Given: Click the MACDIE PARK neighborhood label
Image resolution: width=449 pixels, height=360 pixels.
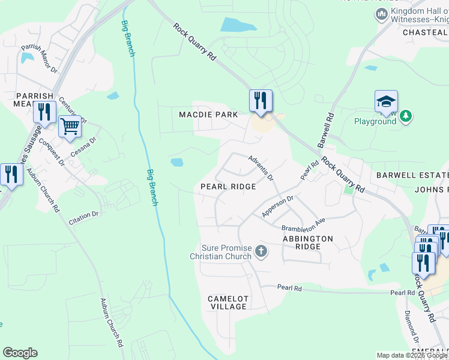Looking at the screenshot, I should [208, 115].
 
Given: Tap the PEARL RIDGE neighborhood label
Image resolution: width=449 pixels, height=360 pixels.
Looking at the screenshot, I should [228, 187].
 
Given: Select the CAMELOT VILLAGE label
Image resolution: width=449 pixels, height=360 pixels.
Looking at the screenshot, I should [228, 302].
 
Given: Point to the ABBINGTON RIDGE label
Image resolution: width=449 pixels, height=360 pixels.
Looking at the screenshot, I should [307, 242].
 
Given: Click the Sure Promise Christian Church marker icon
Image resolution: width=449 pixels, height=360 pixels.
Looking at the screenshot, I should [261, 251].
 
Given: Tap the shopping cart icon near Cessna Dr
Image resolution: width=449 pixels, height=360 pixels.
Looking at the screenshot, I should [70, 127].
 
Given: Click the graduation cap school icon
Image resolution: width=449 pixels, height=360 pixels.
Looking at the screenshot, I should [386, 101].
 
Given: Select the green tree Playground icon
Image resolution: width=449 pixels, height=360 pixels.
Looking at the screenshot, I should [406, 116].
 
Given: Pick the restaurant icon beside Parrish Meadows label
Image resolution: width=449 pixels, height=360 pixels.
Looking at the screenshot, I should [44, 112].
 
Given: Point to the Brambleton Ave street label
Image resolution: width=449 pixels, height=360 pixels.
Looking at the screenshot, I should [303, 224].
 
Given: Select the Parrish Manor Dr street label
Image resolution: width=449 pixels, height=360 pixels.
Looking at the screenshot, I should [39, 58].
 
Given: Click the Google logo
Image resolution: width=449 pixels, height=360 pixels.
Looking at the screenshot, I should [20, 353].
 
